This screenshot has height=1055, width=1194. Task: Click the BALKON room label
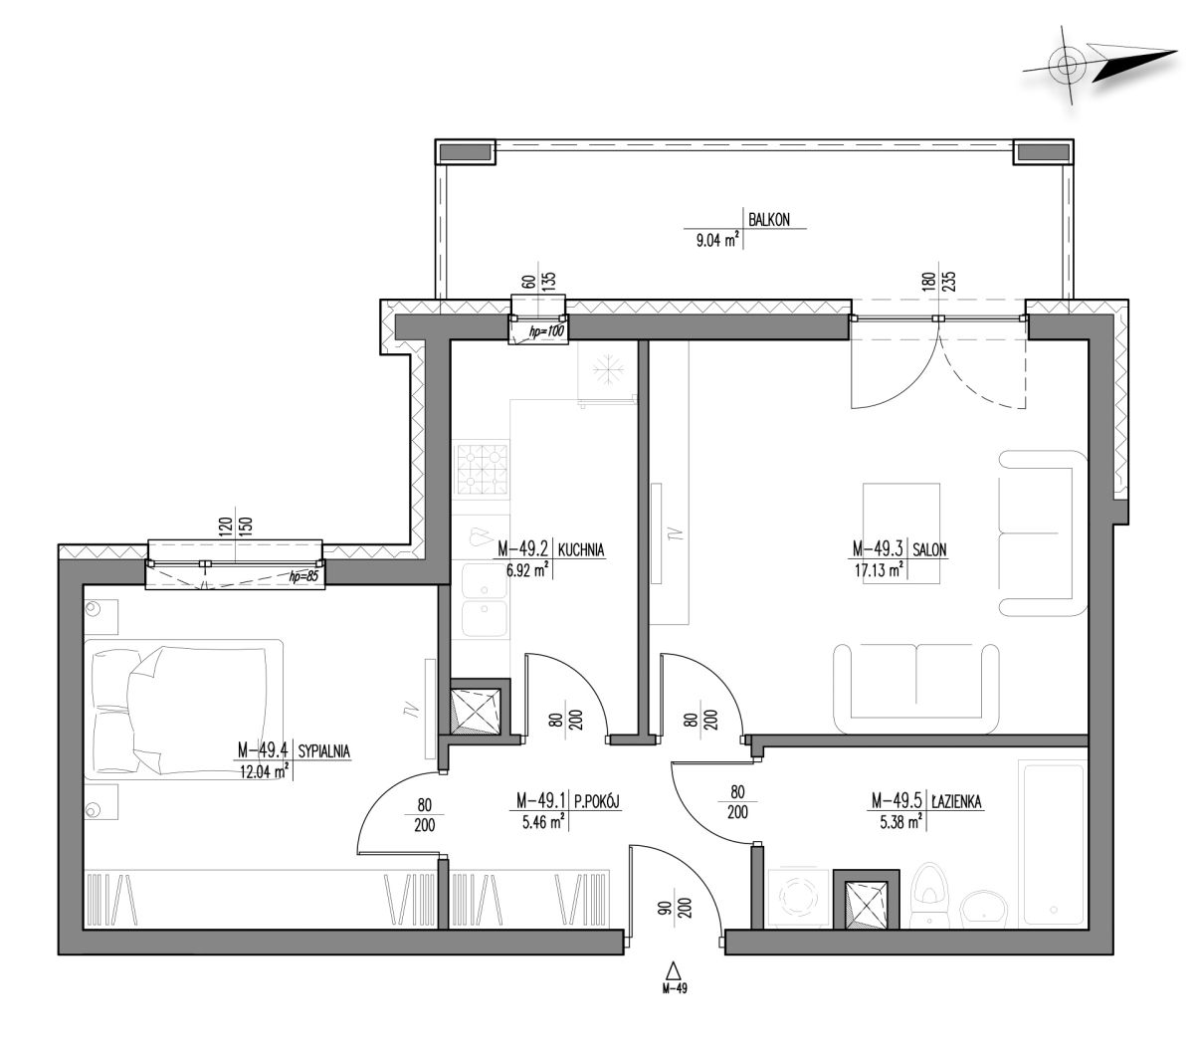click(x=768, y=220)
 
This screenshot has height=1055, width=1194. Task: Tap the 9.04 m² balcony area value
click(x=717, y=240)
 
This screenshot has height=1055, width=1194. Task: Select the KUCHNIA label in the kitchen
click(x=580, y=549)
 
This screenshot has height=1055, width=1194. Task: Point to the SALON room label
click(x=929, y=549)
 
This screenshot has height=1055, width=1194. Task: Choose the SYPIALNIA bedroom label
click(x=323, y=751)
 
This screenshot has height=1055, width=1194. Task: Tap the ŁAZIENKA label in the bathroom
click(x=957, y=801)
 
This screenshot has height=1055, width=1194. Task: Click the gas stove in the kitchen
click(x=483, y=470)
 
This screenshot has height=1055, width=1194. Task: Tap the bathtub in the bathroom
click(x=1052, y=844)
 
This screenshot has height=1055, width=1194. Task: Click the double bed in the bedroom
click(x=183, y=710)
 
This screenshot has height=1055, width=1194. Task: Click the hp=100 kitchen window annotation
click(x=546, y=331)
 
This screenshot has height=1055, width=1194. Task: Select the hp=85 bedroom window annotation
click(x=302, y=576)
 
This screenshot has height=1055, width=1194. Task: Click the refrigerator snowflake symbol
click(x=608, y=371)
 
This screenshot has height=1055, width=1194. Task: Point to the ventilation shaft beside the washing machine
click(x=867, y=900)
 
